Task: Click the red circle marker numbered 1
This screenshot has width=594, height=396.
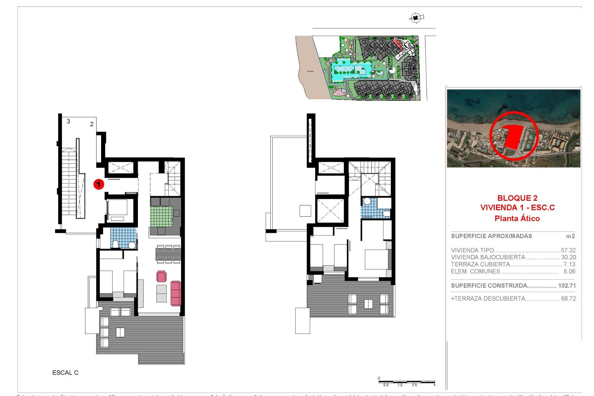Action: point(99,184)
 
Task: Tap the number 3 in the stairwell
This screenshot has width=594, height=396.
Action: point(68,121)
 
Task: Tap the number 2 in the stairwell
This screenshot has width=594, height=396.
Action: point(92,124)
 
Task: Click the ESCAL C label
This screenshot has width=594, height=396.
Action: point(65,373)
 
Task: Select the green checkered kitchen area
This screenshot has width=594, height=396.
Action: point(161,217)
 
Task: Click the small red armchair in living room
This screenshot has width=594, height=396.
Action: point(161,276)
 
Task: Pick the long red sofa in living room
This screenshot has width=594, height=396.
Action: point(175,293)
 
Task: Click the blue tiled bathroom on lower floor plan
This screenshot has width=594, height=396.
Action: point(123,238)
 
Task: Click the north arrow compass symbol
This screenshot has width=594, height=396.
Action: point(416,18)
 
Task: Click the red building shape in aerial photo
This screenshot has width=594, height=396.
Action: point(513,136)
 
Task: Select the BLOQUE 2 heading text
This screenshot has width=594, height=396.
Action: point(517,198)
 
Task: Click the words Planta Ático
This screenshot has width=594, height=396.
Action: point(517,218)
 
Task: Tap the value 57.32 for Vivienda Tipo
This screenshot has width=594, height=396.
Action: point(568,250)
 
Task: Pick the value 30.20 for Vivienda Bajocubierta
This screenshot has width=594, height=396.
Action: point(568,257)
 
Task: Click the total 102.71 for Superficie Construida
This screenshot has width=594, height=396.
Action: point(567,286)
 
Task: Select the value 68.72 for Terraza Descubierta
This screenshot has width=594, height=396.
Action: point(568,299)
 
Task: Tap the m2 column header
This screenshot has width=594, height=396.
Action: point(570,236)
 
